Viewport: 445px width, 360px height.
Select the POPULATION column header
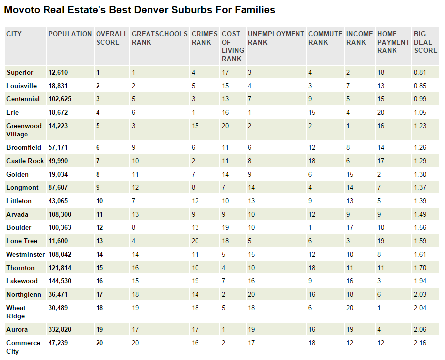coord(70,34)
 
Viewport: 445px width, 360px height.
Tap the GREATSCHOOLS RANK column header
coord(159,38)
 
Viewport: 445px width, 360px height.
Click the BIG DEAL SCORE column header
coord(425,42)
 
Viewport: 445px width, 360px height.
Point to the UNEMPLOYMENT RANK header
coord(276,38)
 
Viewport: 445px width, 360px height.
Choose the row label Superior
coord(20,72)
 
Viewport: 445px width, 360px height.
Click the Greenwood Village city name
coord(24,130)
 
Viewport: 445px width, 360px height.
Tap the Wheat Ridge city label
coord(16,312)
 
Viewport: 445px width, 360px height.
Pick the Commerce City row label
coord(23,347)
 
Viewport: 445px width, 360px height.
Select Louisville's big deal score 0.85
coord(420,86)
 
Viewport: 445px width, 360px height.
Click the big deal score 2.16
coord(420,343)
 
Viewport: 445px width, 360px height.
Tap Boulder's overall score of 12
coord(99,227)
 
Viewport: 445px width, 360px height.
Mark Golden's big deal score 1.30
coord(420,174)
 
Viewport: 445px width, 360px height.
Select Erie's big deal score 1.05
coord(420,112)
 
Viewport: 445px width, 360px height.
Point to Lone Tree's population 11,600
coord(57,241)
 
